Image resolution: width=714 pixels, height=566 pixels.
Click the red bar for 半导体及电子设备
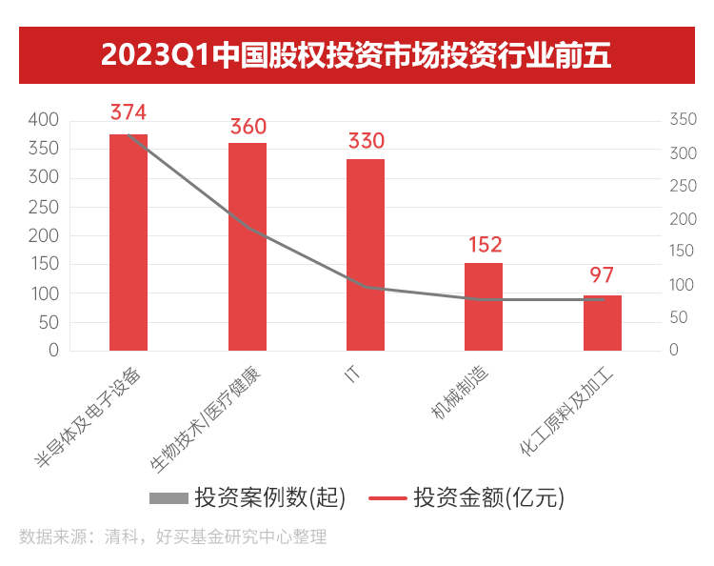click(x=129, y=243)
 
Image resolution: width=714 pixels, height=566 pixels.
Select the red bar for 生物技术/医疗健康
click(x=248, y=247)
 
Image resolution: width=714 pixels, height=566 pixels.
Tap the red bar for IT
click(x=366, y=254)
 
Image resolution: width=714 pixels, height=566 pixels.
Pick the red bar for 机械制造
click(x=484, y=307)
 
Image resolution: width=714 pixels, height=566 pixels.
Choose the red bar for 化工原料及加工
click(x=602, y=323)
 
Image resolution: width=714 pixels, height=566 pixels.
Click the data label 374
click(x=129, y=112)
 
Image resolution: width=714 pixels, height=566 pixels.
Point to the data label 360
click(x=248, y=127)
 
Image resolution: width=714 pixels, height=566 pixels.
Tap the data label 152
click(x=484, y=246)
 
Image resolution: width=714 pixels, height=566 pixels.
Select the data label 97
click(x=602, y=275)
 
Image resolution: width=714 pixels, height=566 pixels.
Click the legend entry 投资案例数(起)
click(x=247, y=497)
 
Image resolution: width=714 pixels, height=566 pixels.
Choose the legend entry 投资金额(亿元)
click(x=466, y=497)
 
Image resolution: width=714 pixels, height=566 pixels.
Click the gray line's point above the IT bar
click(x=366, y=287)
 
